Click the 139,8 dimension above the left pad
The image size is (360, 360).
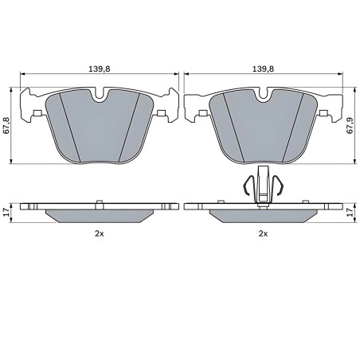100,69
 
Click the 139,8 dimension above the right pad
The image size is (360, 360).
263,69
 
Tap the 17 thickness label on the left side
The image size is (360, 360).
7,212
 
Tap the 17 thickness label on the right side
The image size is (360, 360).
350,212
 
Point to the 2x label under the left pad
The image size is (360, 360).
100,233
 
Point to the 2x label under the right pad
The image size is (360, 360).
263,233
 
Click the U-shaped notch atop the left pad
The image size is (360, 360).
100,95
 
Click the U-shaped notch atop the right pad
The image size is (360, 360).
263,95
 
